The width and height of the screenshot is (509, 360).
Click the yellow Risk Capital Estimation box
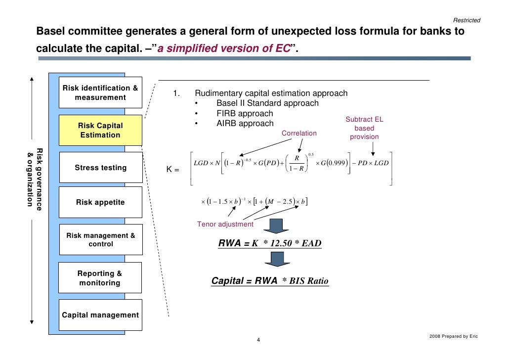(x=100, y=130)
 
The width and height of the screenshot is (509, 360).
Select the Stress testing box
(x=100, y=168)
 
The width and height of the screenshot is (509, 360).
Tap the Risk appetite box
(x=100, y=202)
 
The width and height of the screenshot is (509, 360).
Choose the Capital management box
(x=100, y=315)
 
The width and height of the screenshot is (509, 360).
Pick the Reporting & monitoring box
(x=100, y=278)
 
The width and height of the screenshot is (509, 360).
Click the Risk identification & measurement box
(x=100, y=92)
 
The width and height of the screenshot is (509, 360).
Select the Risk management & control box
(x=100, y=240)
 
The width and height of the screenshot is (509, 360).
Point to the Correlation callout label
(x=298, y=133)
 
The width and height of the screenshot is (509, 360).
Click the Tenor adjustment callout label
(x=225, y=224)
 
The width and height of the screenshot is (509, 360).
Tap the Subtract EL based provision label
(x=364, y=128)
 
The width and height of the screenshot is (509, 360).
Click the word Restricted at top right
(x=466, y=20)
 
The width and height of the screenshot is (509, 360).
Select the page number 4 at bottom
(x=258, y=340)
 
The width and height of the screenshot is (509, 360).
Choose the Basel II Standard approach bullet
(x=267, y=103)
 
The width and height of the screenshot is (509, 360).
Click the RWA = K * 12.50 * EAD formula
(x=269, y=243)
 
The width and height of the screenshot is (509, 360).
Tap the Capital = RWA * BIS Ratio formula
(x=269, y=281)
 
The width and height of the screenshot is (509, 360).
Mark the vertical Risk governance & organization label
(x=34, y=179)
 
